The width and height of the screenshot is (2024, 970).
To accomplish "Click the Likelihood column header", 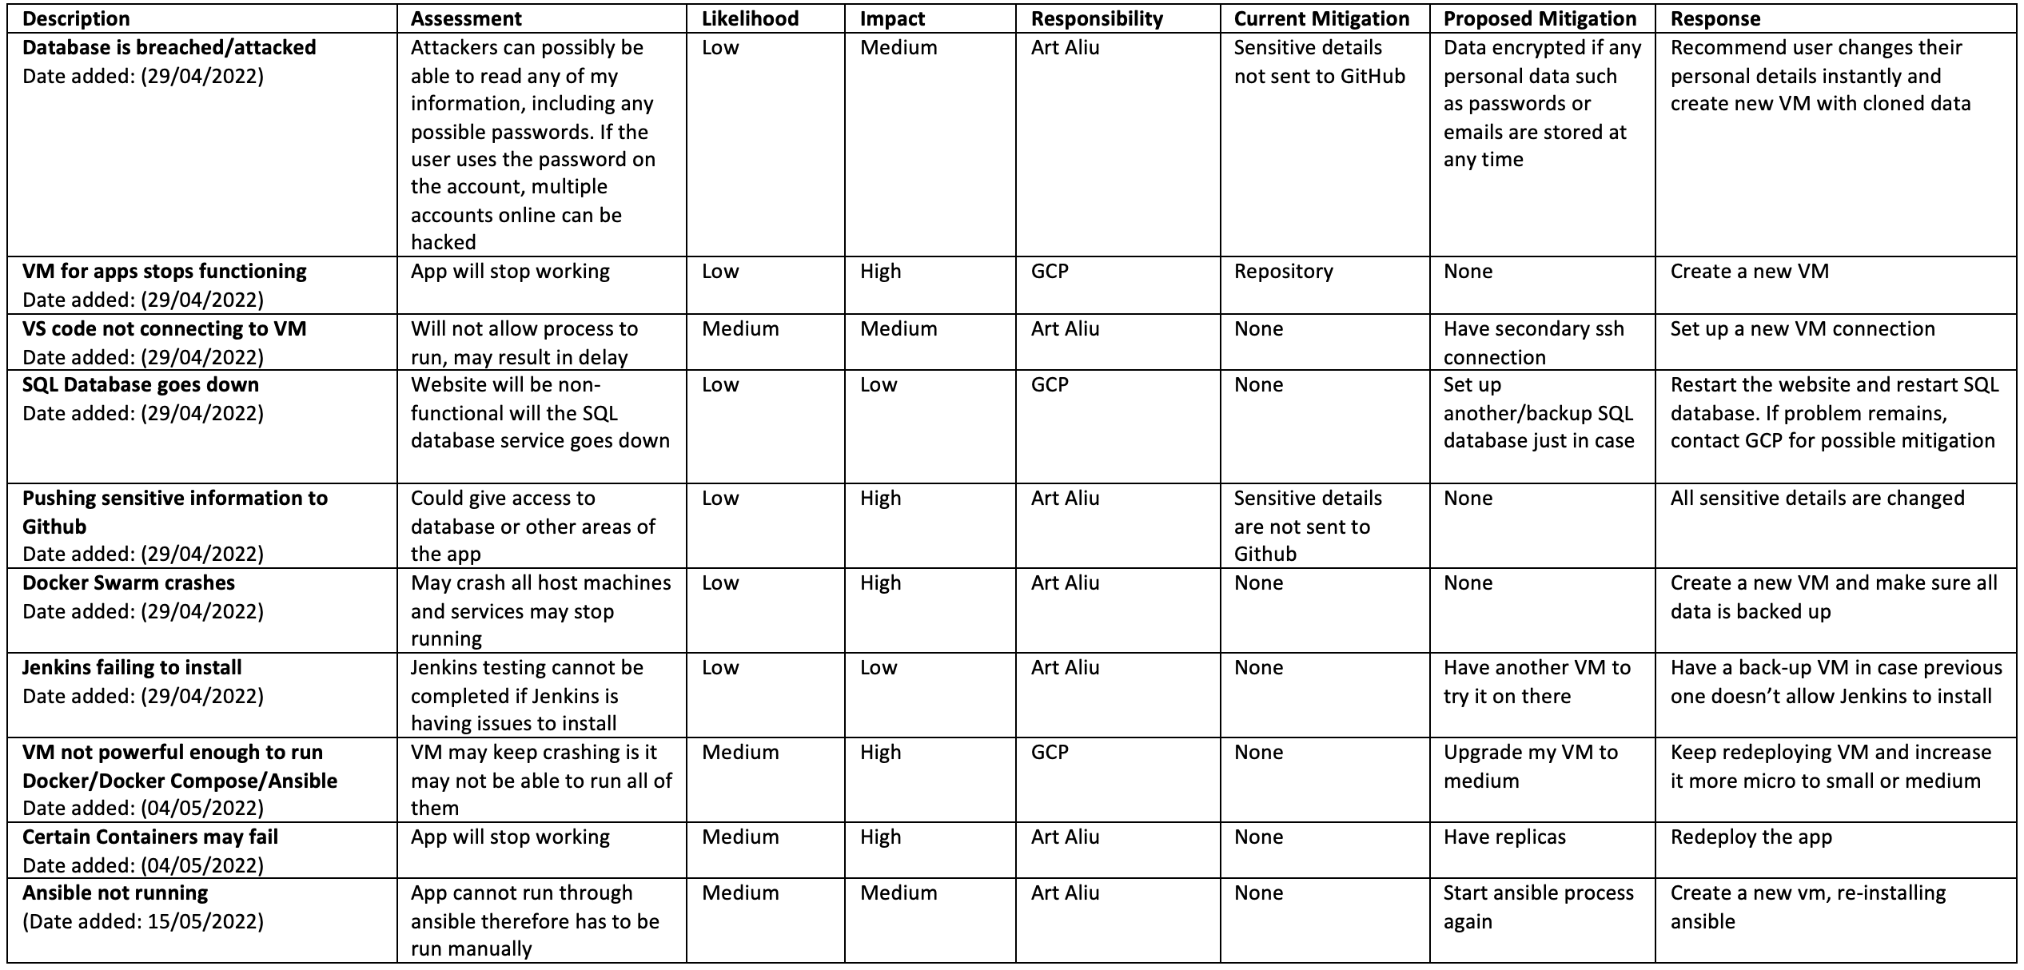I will (750, 18).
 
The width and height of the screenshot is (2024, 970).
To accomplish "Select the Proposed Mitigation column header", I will (1540, 18).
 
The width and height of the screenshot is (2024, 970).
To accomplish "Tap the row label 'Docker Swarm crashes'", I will (129, 582).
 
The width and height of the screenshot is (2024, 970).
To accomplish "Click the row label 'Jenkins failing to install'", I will (132, 667).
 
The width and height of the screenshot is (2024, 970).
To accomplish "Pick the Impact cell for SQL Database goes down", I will (879, 384).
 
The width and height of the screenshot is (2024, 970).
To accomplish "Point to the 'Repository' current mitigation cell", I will (1283, 271).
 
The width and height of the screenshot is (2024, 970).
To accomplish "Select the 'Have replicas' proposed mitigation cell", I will (1504, 837).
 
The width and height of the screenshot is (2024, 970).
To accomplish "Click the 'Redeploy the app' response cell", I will (1751, 837).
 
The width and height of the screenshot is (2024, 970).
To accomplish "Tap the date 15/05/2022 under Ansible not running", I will (205, 921).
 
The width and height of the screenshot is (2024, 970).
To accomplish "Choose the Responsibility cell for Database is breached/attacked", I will (1065, 47).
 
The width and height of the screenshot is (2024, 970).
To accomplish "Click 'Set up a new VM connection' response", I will (1802, 328).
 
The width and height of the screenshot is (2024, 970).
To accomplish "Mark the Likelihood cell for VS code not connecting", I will (740, 328).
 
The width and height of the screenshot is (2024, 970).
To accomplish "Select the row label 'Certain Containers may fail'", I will (150, 837).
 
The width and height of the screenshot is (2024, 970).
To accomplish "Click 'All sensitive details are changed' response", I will (1817, 498).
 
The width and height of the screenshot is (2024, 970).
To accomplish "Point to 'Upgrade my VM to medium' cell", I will (1530, 765).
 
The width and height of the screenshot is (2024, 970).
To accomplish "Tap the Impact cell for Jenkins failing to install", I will (879, 667).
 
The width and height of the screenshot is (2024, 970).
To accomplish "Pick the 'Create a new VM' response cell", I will (1749, 271).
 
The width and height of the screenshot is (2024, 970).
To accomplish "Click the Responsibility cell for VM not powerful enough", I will (1049, 752).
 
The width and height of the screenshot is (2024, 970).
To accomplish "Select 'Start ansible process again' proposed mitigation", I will (1538, 906).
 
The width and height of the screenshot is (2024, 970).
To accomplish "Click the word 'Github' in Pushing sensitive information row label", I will (54, 527).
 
